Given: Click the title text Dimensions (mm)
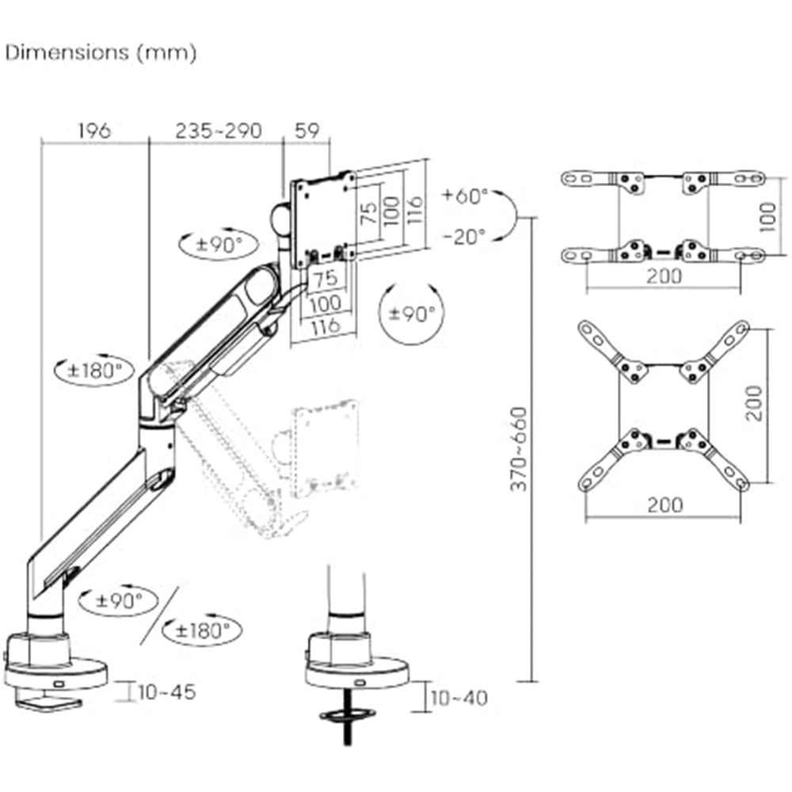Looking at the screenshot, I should click(x=101, y=53).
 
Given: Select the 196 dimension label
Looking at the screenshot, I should click(x=93, y=131).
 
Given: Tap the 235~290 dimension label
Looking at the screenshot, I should click(x=217, y=131).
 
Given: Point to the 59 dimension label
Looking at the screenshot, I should click(x=307, y=131).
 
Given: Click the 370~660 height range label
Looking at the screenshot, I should click(x=518, y=449).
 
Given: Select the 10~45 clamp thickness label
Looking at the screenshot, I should click(x=166, y=691).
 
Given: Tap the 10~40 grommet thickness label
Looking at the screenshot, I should click(x=459, y=698).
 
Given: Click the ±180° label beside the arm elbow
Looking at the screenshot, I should click(x=95, y=369).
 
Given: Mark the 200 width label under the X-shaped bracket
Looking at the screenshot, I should click(x=664, y=505).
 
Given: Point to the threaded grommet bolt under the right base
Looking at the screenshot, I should click(x=345, y=729).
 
